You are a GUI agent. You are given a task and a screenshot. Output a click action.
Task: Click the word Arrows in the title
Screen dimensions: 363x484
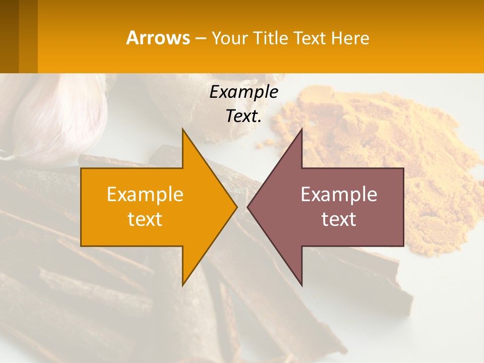point(158,38)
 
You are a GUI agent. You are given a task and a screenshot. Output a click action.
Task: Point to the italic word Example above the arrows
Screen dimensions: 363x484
point(244,92)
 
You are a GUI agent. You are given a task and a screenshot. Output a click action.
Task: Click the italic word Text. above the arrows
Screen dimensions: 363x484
point(244,116)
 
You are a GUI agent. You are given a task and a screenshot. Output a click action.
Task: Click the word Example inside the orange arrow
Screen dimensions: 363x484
point(145,195)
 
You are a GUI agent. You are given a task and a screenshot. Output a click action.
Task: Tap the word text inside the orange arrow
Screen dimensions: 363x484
point(145,219)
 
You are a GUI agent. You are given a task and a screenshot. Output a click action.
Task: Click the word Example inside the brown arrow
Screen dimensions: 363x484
point(339,195)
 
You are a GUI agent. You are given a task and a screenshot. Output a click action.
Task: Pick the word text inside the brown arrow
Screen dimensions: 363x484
point(339,219)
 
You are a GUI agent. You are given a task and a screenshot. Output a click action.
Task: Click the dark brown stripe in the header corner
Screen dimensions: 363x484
point(9,36)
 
